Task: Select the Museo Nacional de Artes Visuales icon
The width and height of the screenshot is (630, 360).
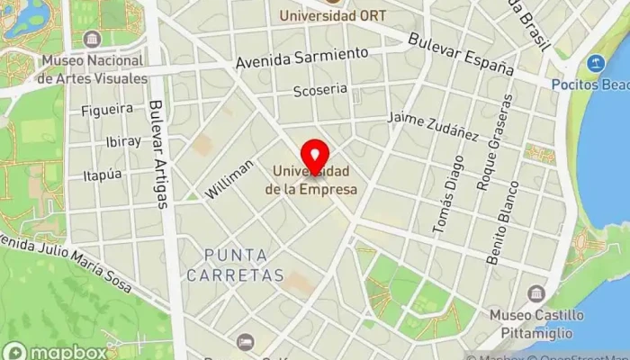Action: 91,40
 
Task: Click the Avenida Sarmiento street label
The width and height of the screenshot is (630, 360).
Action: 302,58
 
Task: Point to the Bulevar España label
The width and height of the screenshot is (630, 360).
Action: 460,55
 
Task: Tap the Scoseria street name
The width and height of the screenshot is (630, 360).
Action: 319,90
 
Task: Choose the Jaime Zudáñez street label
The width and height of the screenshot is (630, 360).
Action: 432,126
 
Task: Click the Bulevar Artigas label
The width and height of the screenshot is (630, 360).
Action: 158,154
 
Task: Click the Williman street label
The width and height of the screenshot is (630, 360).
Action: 230,179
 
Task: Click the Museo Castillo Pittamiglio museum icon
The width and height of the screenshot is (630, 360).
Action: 536,294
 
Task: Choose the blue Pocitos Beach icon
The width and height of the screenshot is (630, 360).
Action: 594,64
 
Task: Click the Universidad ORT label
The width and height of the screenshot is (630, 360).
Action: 327,15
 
